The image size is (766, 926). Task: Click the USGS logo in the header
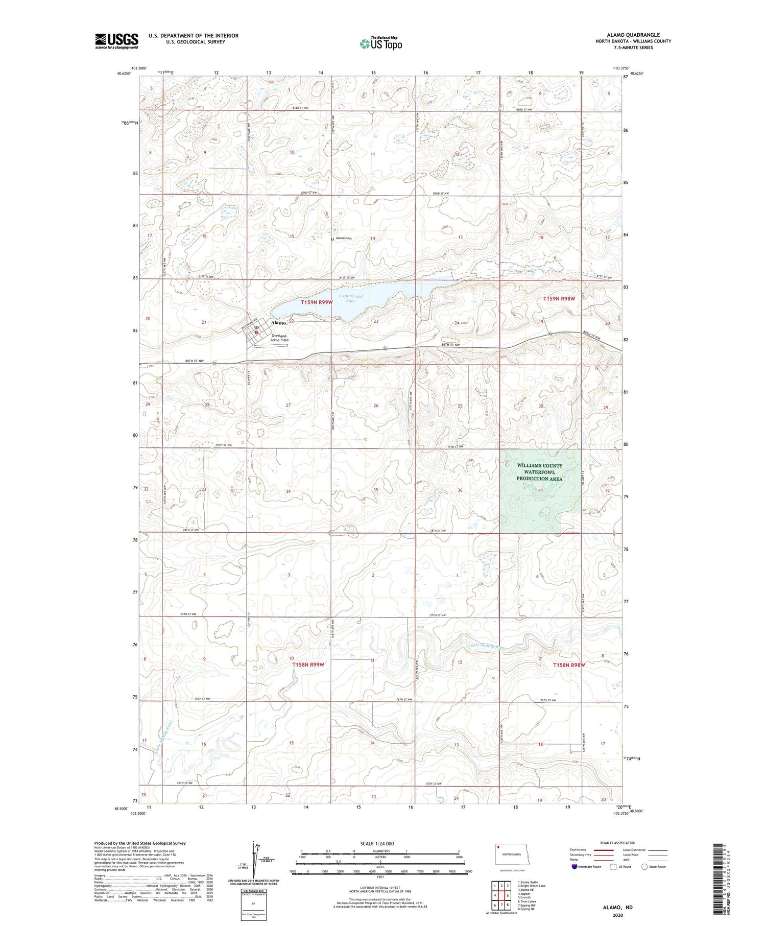tap(116, 41)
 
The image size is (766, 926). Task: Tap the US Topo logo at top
tap(381, 44)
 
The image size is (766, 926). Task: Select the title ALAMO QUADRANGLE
tap(633, 35)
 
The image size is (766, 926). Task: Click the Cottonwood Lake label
tap(350, 298)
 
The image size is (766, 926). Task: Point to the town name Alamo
tap(279, 323)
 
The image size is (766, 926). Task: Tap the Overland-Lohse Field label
tap(280, 338)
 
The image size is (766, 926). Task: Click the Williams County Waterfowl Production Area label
tap(539, 472)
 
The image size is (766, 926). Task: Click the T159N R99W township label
tap(317, 302)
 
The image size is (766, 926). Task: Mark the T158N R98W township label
tap(569, 665)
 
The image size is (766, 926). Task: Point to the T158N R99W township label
tap(308, 664)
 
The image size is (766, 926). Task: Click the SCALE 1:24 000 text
tap(377, 843)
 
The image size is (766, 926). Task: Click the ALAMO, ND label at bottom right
tap(618, 907)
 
